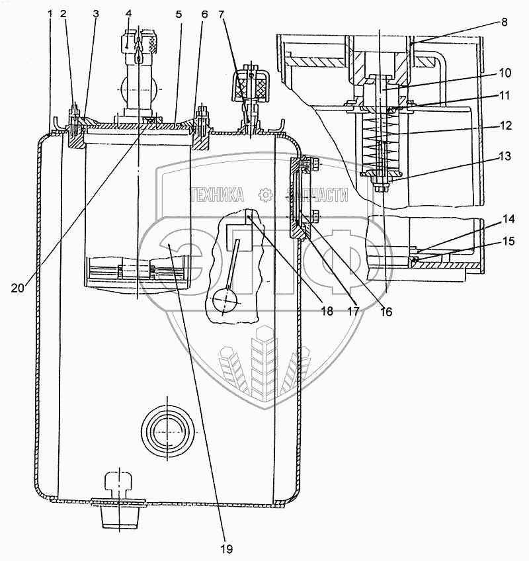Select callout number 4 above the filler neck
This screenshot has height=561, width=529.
coord(128,13)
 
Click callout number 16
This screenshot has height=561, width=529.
coord(386,312)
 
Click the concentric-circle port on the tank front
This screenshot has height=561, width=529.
coord(167,431)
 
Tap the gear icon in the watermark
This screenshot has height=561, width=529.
coord(265,194)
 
